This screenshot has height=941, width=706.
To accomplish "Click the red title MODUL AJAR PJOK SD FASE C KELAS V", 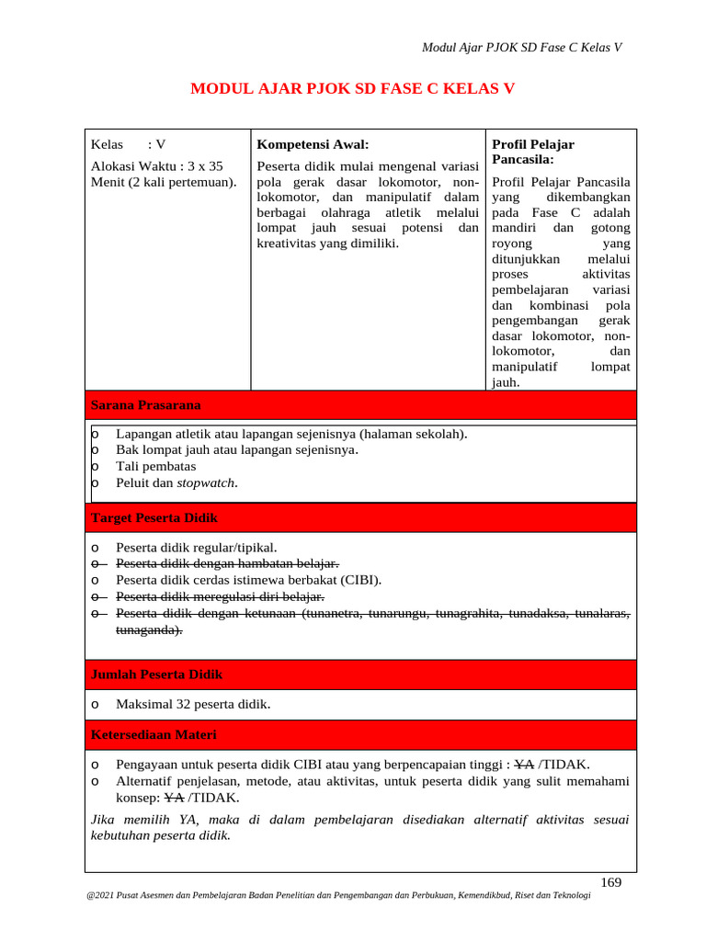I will [352, 89].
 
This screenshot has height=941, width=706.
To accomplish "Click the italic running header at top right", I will [521, 48].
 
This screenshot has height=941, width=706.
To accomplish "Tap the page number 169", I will [610, 882].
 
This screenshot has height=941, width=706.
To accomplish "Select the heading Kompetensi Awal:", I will [313, 144].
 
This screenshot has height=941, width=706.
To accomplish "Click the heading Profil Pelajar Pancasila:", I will [533, 152].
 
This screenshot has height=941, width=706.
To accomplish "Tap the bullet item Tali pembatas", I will [155, 466].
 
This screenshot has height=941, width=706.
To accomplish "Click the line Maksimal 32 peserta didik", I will [193, 705].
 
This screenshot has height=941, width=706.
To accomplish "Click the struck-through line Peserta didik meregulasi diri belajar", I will [220, 596].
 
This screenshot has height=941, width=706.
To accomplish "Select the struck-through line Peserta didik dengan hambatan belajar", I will [227, 563].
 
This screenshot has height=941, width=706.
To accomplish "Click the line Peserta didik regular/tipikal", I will [196, 547].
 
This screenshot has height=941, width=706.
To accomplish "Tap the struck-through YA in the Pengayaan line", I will [524, 765].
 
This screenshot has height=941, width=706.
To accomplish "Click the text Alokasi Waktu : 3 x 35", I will [157, 166].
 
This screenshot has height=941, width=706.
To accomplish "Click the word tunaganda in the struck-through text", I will [147, 629].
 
